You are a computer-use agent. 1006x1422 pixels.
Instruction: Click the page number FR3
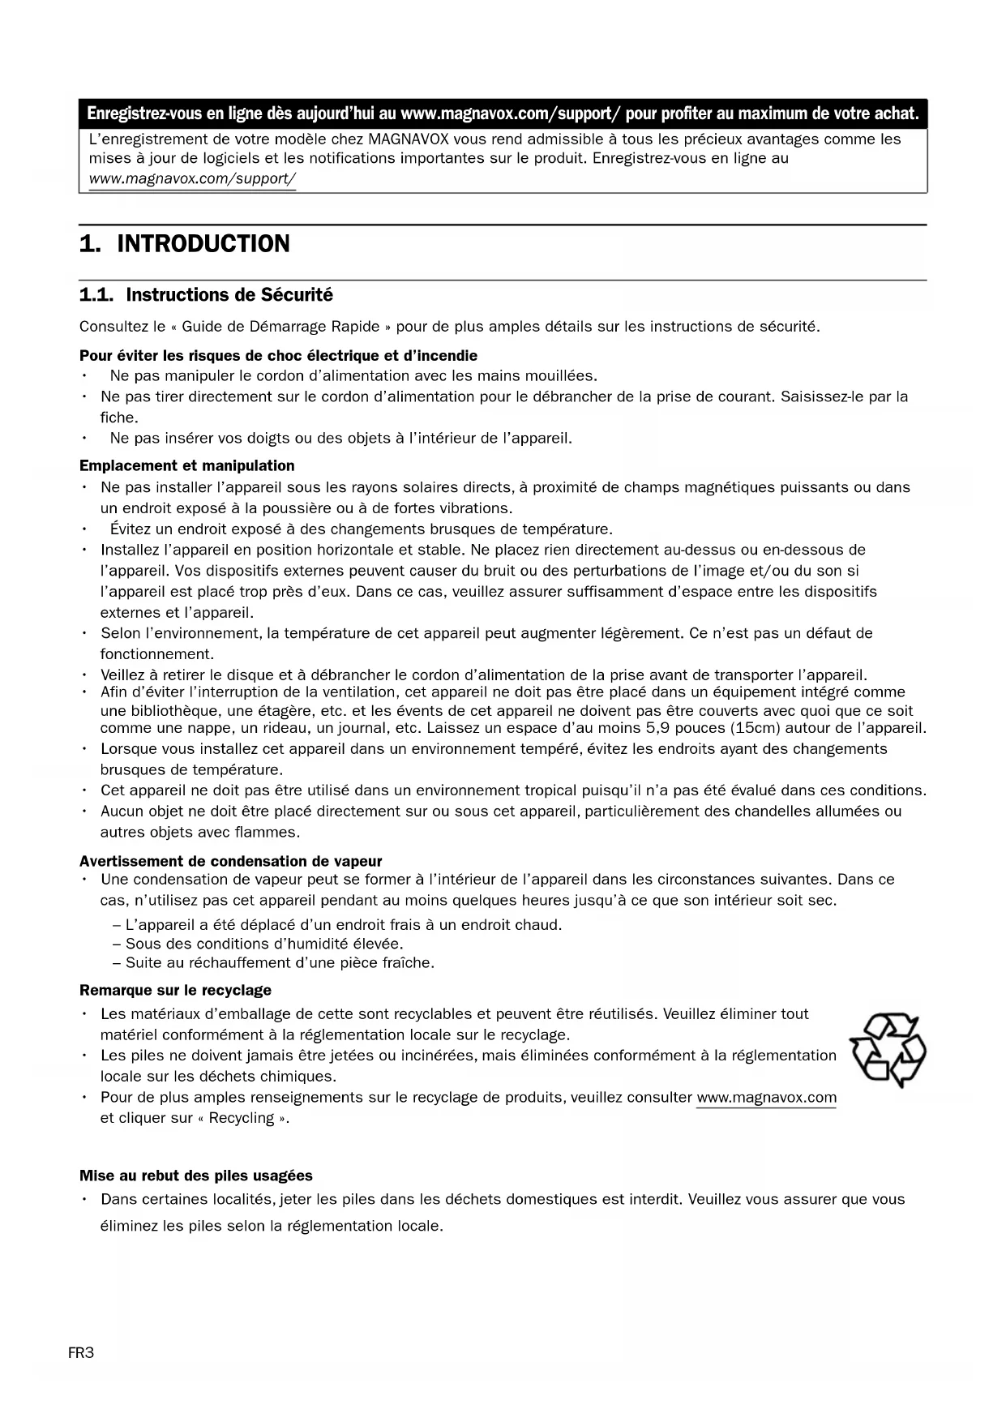pos(81,1353)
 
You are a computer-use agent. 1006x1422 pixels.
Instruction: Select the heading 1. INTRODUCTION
pos(184,244)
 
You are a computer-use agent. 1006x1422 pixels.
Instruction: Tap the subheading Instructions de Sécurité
pos(229,295)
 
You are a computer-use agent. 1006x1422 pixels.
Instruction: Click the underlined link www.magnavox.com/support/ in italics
pos(192,178)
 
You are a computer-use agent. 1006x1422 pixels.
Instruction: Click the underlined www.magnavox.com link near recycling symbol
pos(766,1098)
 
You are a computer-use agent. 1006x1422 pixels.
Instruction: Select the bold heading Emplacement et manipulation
pos(186,465)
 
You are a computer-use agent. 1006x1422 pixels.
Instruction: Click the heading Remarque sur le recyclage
pos(175,990)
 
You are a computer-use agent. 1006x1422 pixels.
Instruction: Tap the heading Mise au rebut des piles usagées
pos(195,1176)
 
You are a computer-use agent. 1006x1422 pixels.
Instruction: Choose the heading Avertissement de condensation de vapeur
pos(230,861)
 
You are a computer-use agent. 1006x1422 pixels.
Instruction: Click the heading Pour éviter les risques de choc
pos(278,356)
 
